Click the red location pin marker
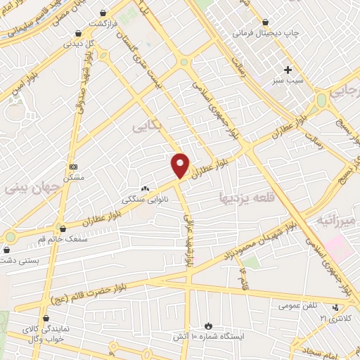[x=181, y=165]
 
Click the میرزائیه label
[x=337, y=220]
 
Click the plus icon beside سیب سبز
[x=287, y=69]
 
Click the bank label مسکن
[x=74, y=178]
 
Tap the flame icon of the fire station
[x=208, y=326]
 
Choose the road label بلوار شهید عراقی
[x=187, y=239]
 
